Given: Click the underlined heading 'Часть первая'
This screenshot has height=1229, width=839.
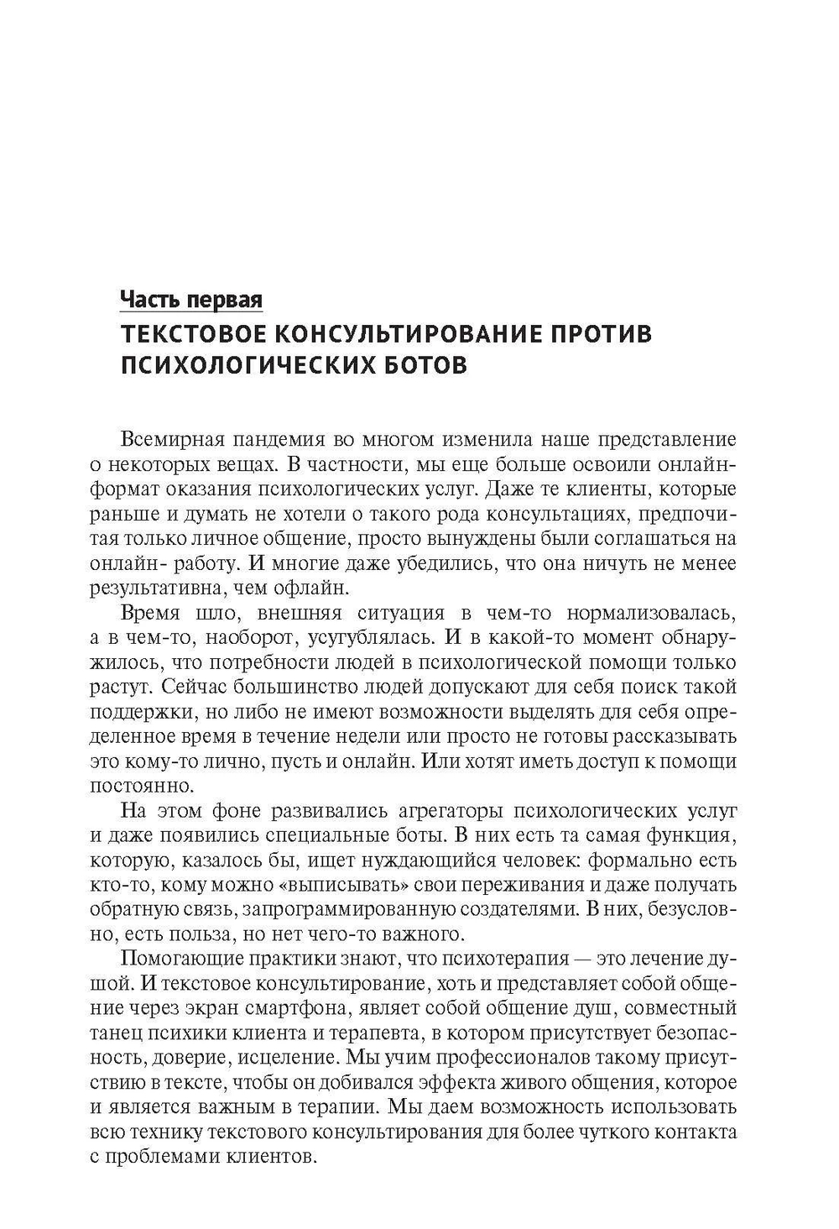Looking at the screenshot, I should pos(191,299).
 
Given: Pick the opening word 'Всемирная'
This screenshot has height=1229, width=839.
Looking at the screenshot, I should pos(175,438).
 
